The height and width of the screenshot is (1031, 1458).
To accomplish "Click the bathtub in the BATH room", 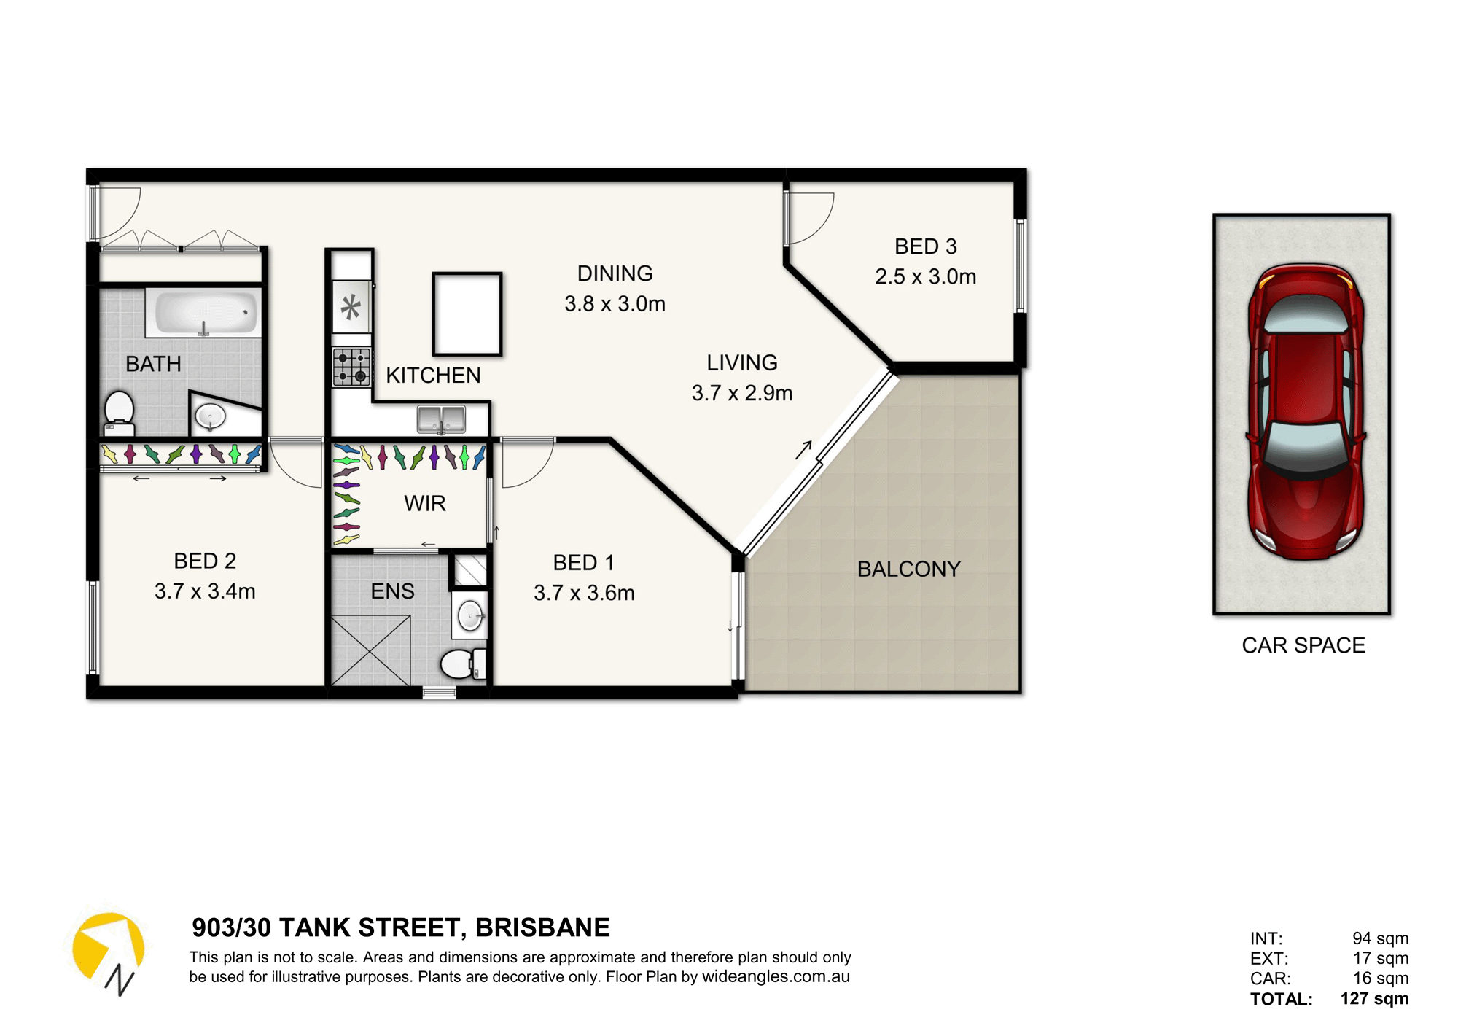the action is pos(203,312).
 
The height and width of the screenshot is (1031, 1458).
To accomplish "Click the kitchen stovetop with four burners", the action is pos(352,367).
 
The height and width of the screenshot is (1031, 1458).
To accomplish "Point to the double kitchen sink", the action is pos(441,419).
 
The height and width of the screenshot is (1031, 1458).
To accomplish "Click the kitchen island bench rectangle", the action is pos(467,314).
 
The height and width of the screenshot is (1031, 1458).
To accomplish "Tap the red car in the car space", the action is pos(1305,412).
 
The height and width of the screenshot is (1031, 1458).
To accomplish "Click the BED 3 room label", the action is pos(925,246).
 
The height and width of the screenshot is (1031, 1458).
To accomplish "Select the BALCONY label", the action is pos(908,569).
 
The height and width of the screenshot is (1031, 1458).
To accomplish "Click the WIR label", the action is pos(425,503).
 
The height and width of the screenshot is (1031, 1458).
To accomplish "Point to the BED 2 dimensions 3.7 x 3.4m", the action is pos(205,591).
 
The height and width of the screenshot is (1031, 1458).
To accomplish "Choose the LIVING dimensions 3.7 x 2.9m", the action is pos(742,393).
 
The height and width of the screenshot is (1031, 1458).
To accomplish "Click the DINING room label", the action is pos(615,273).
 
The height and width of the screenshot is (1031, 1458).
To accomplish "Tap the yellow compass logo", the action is pos(107,946).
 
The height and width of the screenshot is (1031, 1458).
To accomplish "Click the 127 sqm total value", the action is pos(1374,998).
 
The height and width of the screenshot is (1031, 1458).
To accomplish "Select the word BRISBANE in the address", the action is pos(542,927).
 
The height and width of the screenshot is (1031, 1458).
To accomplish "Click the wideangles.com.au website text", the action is pos(776,976).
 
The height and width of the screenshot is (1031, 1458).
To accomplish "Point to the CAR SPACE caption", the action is pos(1303,645).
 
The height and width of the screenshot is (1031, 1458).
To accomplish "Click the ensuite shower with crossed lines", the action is pos(371,650).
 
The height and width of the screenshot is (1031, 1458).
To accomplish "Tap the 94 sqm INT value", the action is pos(1380,938).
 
